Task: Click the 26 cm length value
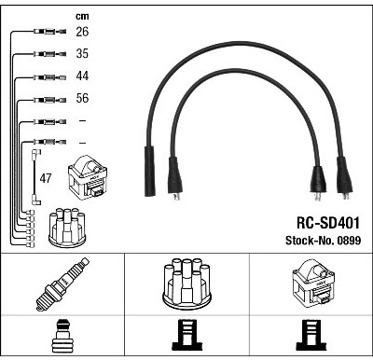click(x=82, y=32)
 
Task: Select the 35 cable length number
click(x=82, y=53)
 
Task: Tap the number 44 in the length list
click(x=82, y=76)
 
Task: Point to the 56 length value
click(x=82, y=98)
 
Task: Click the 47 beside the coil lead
click(x=46, y=178)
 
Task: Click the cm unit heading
click(x=82, y=16)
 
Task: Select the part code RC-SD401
click(x=328, y=223)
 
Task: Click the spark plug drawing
click(x=62, y=284)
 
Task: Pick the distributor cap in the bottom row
click(x=186, y=284)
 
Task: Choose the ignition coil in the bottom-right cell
click(x=313, y=282)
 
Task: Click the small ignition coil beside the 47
click(x=88, y=177)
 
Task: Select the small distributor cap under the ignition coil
click(x=67, y=228)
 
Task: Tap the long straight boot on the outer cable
click(x=149, y=171)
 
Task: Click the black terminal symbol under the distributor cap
click(x=186, y=335)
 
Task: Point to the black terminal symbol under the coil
click(x=311, y=335)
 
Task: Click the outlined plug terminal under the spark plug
click(x=62, y=336)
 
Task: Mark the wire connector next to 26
click(x=50, y=31)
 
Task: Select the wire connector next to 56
click(x=50, y=100)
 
